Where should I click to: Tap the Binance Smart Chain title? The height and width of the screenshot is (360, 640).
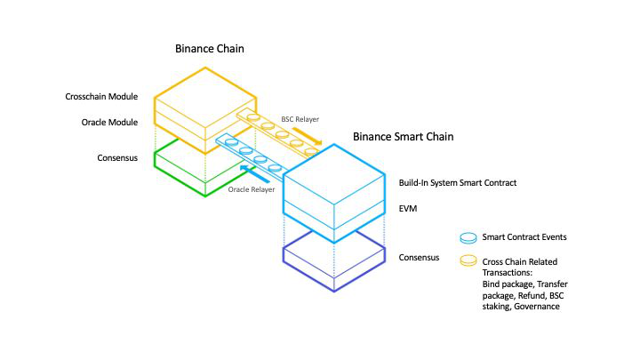[x=403, y=137]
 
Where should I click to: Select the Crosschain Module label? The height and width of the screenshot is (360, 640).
[x=102, y=96]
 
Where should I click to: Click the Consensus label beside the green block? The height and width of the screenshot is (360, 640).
[x=118, y=158]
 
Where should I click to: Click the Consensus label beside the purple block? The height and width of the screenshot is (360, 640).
[x=420, y=258]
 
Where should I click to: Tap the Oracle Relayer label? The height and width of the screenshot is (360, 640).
[x=251, y=189]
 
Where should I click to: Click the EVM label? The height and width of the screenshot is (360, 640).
[x=408, y=209]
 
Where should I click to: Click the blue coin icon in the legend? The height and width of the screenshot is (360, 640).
[x=467, y=237]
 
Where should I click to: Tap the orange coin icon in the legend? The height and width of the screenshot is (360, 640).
[x=467, y=261]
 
